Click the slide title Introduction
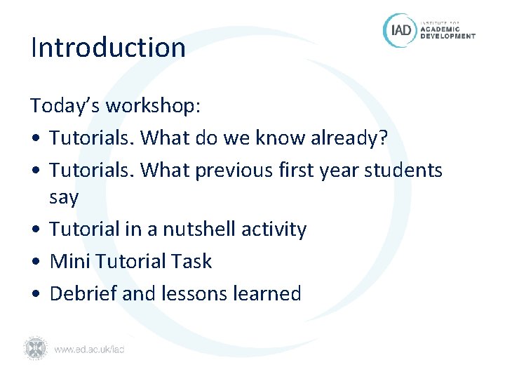tap(108, 48)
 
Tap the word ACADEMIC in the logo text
tap(440, 29)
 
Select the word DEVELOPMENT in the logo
tap(447, 36)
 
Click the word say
tap(64, 198)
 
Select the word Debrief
tap(83, 293)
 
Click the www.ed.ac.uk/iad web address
tap(89, 349)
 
